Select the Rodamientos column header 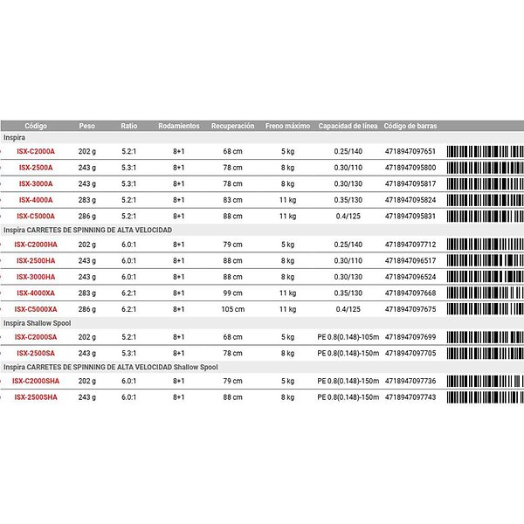pos(178,126)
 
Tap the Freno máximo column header pos(287,126)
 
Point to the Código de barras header pos(410,126)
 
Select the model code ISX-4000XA pos(36,293)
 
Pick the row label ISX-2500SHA pos(37,396)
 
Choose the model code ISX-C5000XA pos(36,308)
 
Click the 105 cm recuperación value pos(232,308)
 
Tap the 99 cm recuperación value pos(232,293)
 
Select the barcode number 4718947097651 pos(410,151)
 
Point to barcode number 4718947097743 pos(410,396)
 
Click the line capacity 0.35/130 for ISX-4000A pos(347,199)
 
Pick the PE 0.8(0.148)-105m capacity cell pos(348,336)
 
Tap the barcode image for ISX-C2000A pos(485,151)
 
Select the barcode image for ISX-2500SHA pos(485,396)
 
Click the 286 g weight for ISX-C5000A pos(87,216)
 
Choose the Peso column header pos(87,126)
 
